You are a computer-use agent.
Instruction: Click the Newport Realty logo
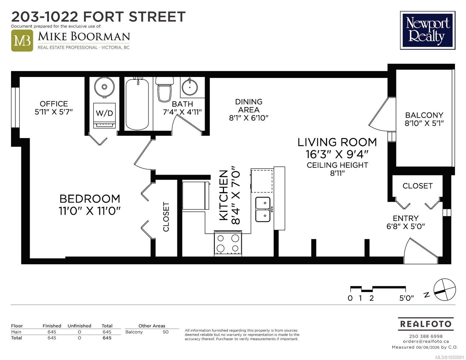click(428, 30)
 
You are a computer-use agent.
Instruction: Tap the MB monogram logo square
click(22, 41)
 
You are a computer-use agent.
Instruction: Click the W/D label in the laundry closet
click(104, 113)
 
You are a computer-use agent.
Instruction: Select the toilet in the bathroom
click(164, 89)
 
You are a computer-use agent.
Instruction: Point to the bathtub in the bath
click(137, 104)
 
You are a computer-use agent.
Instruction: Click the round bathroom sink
click(190, 87)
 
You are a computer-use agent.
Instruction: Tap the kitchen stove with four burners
click(228, 243)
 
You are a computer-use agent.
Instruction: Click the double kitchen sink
click(263, 209)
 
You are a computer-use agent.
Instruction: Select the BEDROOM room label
click(90, 199)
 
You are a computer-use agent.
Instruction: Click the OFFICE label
click(54, 104)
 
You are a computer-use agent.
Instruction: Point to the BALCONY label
click(424, 115)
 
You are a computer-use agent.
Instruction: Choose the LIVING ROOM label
click(337, 142)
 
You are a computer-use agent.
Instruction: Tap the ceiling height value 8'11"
click(337, 173)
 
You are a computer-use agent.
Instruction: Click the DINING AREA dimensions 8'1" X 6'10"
click(249, 118)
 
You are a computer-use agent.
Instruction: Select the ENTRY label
click(406, 218)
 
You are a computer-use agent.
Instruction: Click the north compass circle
click(445, 290)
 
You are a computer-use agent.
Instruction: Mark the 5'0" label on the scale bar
click(406, 298)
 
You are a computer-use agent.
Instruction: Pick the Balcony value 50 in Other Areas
click(165, 332)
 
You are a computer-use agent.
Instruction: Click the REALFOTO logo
click(426, 324)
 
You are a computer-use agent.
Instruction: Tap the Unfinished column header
click(79, 326)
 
